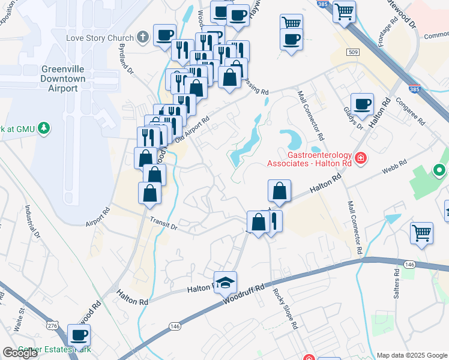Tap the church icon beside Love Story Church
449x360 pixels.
142,38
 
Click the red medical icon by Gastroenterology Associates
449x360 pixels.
360,159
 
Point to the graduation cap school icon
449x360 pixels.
226,283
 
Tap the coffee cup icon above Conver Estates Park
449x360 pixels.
79,335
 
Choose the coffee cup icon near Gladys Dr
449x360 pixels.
362,104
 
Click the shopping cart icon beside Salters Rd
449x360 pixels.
421,232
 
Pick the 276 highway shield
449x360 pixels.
52,325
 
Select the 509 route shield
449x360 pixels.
352,52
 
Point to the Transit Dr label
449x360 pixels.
164,224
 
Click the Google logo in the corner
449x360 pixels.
20,353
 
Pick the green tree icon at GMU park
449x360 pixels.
43,128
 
